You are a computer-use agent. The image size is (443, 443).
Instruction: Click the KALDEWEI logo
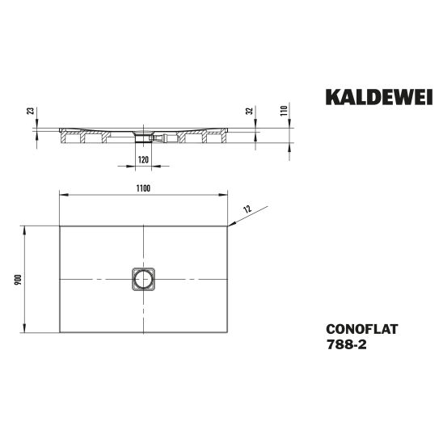379,97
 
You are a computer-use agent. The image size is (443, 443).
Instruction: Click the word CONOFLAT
362,329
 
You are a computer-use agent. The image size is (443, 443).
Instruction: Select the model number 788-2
346,344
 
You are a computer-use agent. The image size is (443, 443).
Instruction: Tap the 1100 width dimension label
143,188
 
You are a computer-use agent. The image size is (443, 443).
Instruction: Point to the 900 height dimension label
18,280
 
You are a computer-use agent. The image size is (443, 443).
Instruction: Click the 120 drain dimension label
143,160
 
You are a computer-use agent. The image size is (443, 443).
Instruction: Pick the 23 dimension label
30,111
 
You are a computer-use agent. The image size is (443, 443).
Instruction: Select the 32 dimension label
249,111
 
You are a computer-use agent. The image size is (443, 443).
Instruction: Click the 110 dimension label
284,111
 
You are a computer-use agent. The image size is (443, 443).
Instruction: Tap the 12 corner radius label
247,209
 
